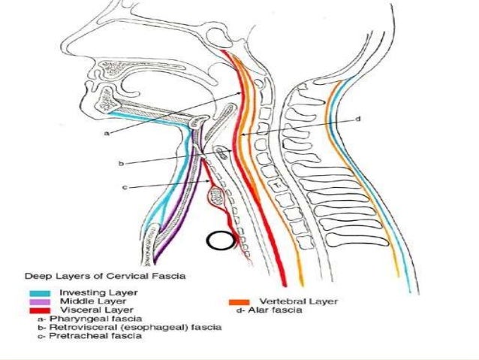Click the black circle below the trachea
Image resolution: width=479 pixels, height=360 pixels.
pyautogui.click(x=220, y=242)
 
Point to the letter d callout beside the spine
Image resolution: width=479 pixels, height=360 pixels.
pyautogui.click(x=359, y=119)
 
